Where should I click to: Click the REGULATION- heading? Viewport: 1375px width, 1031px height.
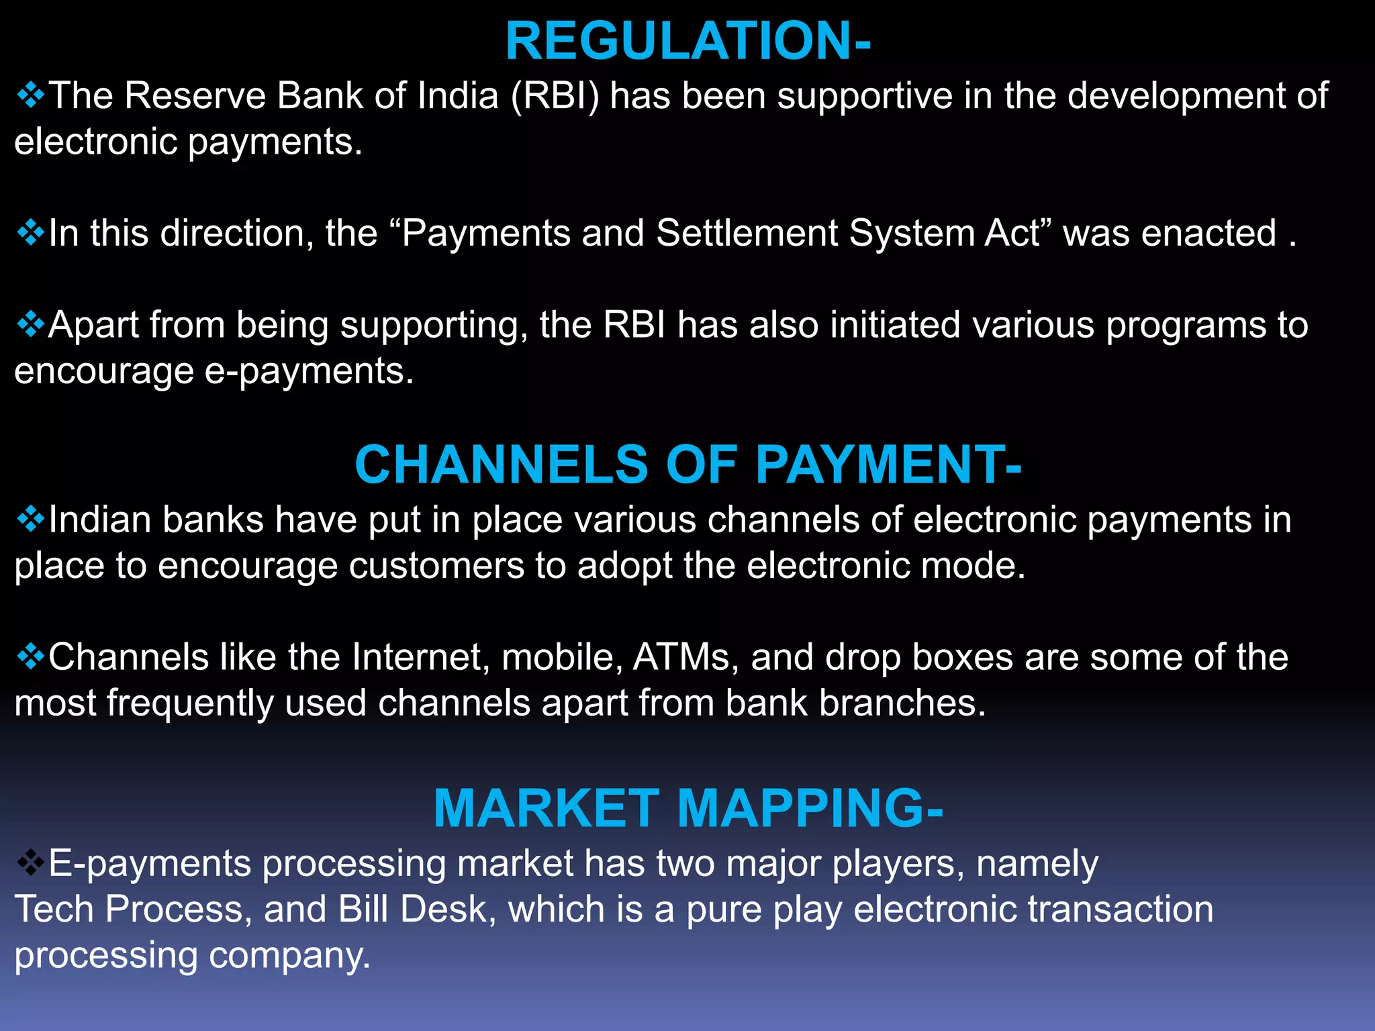(687, 42)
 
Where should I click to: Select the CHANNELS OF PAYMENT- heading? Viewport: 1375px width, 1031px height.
(687, 464)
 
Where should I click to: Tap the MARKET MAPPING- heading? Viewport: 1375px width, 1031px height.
(687, 808)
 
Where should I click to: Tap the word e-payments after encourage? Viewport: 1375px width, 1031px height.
(309, 371)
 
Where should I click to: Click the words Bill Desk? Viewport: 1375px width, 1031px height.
(412, 910)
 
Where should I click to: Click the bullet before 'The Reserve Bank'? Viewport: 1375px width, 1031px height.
(30, 95)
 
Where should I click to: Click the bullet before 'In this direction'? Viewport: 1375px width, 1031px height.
(30, 233)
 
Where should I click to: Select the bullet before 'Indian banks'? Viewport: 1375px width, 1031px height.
(30, 520)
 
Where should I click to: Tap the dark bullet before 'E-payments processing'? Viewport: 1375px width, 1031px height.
(30, 863)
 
